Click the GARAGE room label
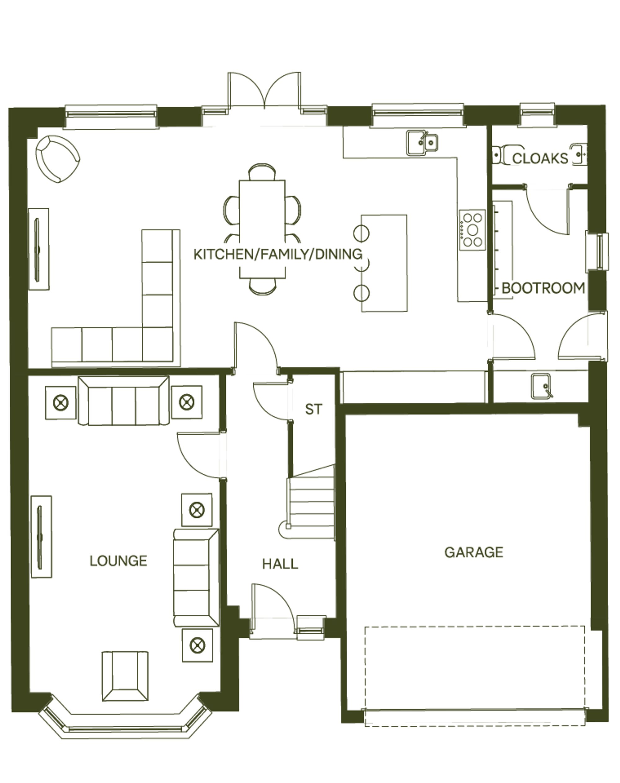click(x=474, y=552)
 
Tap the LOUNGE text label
click(x=118, y=561)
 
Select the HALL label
click(x=280, y=564)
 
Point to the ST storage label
click(x=313, y=409)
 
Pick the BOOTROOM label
click(x=543, y=288)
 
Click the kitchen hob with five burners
click(x=472, y=230)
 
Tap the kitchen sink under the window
click(x=422, y=143)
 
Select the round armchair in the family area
click(x=57, y=159)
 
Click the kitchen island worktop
click(x=384, y=263)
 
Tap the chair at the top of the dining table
click(x=262, y=172)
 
